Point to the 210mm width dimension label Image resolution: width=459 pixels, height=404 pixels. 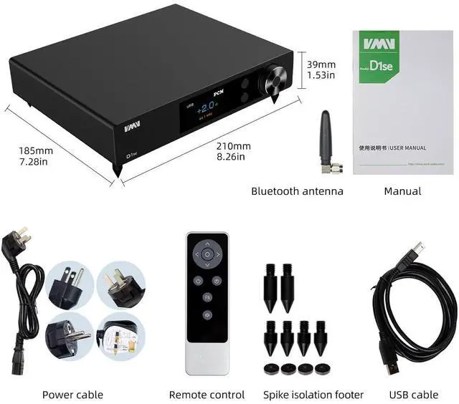pyautogui.click(x=233, y=145)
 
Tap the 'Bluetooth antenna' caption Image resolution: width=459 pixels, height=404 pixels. pyautogui.click(x=297, y=191)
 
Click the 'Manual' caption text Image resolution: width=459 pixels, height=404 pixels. pyautogui.click(x=402, y=191)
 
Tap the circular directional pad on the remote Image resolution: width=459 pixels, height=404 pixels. pyautogui.click(x=207, y=254)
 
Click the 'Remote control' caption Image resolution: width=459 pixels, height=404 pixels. pyautogui.click(x=207, y=395)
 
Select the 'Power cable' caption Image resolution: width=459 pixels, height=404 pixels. pyautogui.click(x=72, y=395)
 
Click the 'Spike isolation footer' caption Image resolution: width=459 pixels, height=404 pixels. pyautogui.click(x=313, y=395)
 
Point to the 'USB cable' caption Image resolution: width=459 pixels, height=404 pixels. pyautogui.click(x=414, y=395)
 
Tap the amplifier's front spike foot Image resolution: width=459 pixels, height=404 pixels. pyautogui.click(x=117, y=172)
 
